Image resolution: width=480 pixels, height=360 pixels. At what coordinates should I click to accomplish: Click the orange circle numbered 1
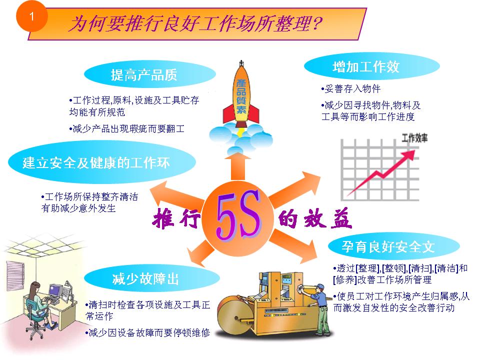(x=31, y=16)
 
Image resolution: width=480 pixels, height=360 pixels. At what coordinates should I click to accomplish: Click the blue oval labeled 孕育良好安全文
(x=388, y=246)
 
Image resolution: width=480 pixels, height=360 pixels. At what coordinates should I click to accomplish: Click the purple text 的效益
(x=315, y=219)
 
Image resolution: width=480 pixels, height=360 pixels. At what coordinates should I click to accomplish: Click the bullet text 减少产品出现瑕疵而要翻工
(x=127, y=129)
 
